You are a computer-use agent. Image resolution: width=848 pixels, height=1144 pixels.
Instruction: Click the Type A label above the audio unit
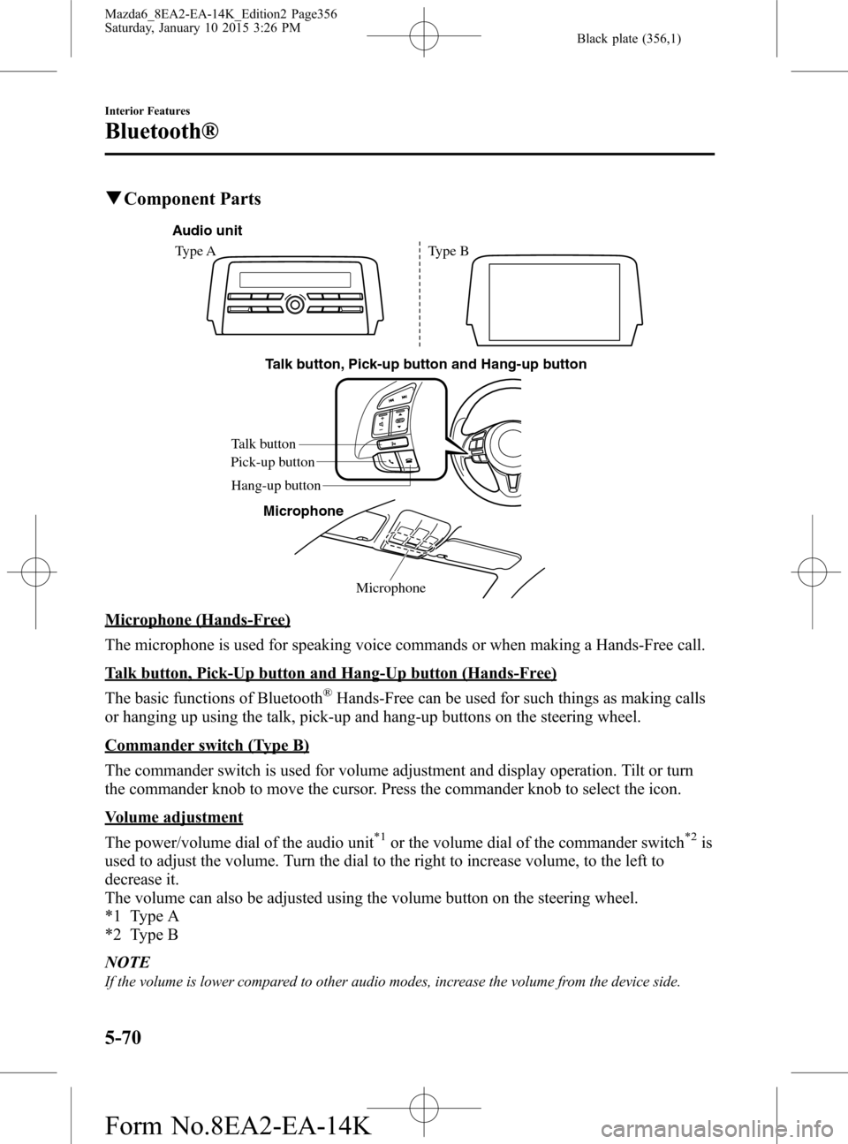pos(194,251)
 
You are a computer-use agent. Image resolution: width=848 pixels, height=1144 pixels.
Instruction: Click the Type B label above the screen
pos(448,251)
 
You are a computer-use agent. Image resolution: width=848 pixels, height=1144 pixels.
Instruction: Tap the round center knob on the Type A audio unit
pos(296,302)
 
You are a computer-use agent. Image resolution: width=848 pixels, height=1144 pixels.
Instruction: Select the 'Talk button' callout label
pos(263,443)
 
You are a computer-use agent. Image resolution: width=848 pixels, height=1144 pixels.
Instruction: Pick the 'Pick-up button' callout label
pos(272,462)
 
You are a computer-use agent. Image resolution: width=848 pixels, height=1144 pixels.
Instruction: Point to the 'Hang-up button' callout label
pos(276,485)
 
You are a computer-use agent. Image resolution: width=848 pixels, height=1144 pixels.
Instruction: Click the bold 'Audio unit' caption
pos(206,231)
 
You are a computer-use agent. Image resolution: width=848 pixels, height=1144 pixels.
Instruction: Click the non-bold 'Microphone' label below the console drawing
pos(390,587)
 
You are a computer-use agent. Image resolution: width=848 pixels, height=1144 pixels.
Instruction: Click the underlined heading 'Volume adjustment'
pos(173,817)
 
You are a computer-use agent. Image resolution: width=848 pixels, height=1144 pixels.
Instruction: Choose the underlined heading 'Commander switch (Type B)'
pos(207,746)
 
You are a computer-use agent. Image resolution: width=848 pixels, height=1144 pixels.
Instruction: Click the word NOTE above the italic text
pos(126,961)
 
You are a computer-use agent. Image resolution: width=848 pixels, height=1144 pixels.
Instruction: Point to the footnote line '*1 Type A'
pos(141,917)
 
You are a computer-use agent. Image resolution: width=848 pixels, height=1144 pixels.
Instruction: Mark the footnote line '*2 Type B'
pos(141,935)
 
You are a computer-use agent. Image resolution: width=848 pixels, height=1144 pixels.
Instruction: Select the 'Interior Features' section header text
pos(147,110)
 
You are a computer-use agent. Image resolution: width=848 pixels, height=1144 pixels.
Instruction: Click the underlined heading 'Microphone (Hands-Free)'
pos(197,620)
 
